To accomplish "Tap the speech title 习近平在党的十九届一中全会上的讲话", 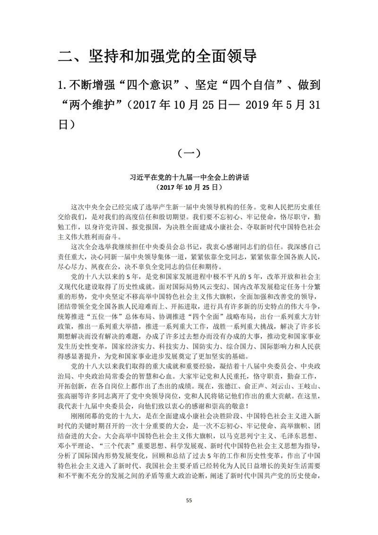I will click(x=189, y=178).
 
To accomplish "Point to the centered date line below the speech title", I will click(x=189, y=187).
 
